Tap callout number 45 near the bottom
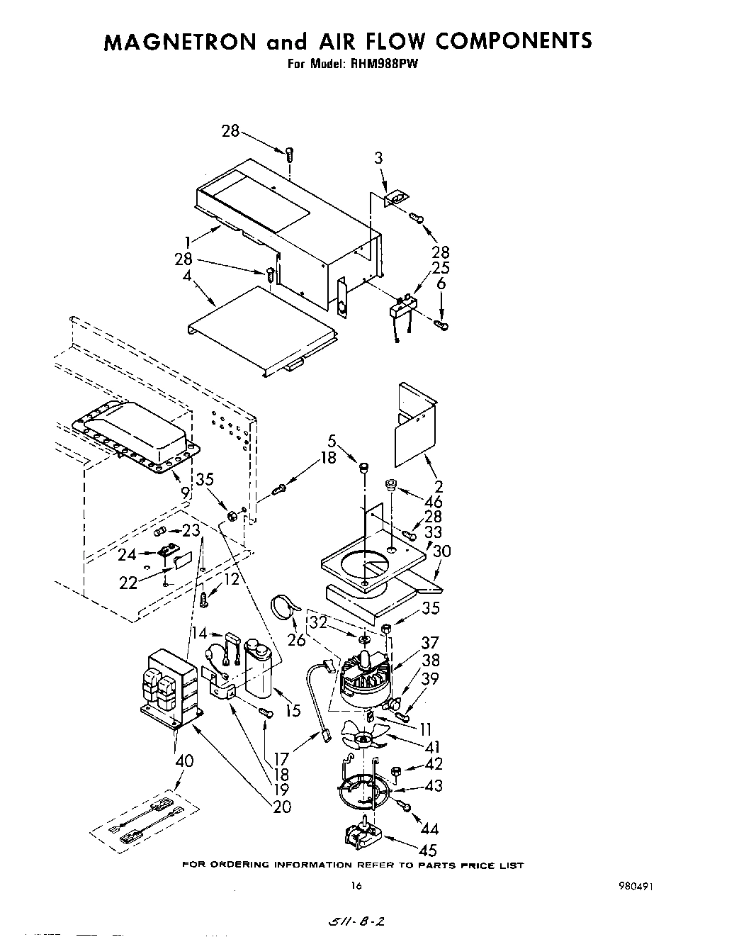point(428,850)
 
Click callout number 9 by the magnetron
point(185,489)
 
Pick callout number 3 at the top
point(378,158)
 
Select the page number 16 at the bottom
point(356,885)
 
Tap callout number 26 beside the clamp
point(296,639)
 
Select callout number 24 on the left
point(128,555)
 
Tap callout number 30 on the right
point(441,551)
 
